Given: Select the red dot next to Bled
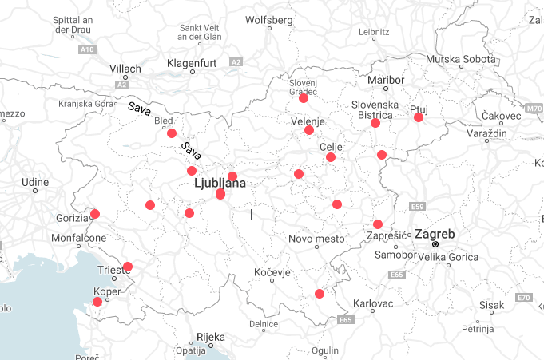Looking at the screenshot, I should pos(172,133).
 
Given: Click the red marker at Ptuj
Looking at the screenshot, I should pos(418,117).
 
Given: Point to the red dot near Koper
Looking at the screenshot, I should pos(97,302).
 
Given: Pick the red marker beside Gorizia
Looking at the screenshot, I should pos(95,213).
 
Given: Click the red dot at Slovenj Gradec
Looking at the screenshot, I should pos(304,98).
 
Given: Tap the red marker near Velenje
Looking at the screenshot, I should pos(309,130).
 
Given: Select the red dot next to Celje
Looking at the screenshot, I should pos(331,157).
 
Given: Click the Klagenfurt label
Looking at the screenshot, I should pos(193,63).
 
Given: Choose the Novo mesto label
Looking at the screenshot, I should pos(316,239).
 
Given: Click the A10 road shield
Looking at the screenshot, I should pos(87,49).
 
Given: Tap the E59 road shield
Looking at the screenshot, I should pos(416,207).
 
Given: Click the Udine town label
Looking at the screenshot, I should pos(35,182).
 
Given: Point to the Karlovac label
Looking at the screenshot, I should pos(373,304).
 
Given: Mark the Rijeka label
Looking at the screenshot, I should pos(212,336).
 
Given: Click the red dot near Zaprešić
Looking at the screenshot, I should pos(378,224).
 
